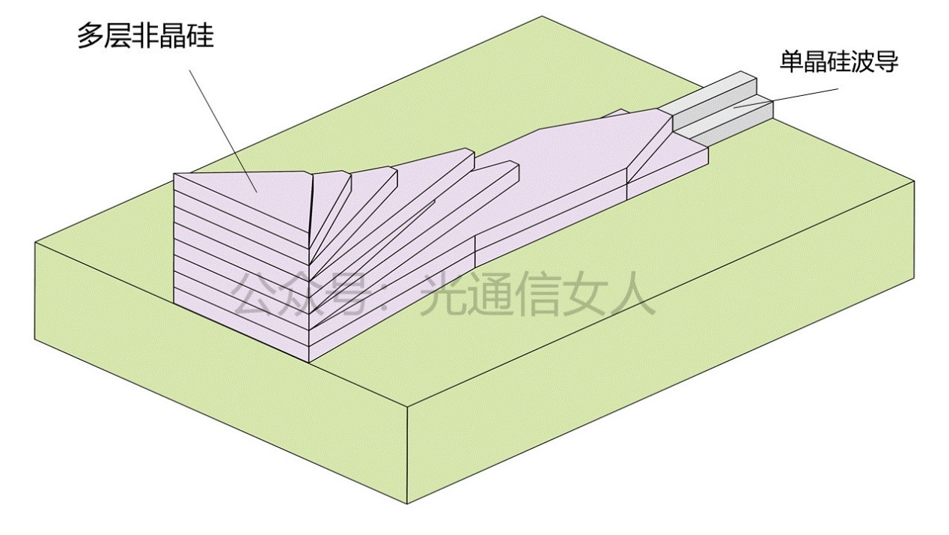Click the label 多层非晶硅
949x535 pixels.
tap(145, 35)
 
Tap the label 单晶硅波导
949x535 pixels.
tap(838, 62)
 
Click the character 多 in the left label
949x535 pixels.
tap(91, 35)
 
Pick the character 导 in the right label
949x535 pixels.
tap(886, 62)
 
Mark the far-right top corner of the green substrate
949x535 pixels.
tap(914, 180)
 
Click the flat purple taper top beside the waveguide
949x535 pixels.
tap(576, 150)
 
